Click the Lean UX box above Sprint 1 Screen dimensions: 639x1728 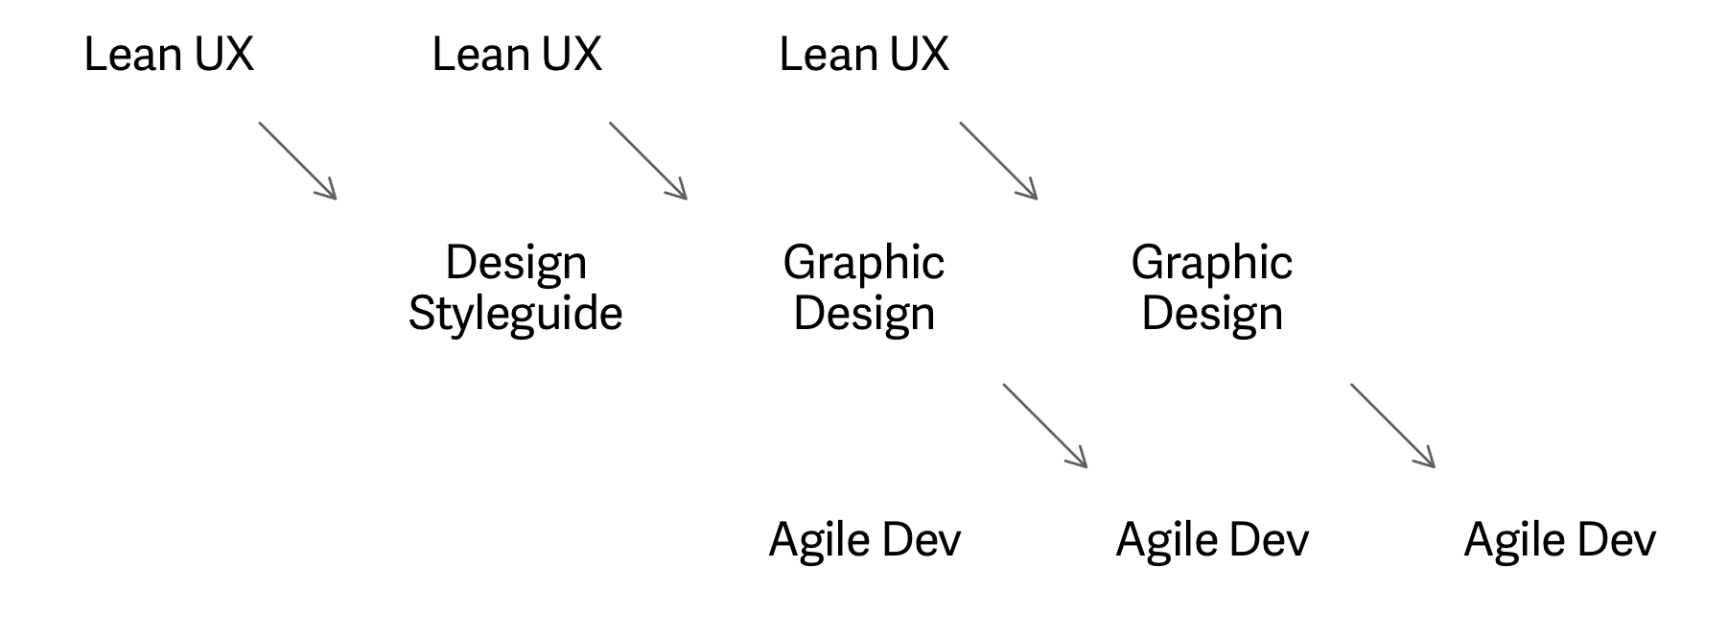[169, 54]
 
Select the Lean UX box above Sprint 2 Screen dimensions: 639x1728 [516, 54]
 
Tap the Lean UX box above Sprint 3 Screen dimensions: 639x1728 [864, 54]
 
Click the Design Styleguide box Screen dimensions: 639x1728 [516, 288]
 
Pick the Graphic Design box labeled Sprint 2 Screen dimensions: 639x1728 [864, 288]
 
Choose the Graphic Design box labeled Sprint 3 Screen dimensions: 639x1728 [1212, 288]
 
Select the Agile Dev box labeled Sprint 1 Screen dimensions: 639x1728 [864, 540]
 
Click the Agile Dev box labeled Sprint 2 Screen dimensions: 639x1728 [1212, 540]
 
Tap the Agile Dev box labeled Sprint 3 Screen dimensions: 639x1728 [1560, 540]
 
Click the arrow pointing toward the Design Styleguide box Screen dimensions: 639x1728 [297, 160]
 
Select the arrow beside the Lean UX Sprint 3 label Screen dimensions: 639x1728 [998, 160]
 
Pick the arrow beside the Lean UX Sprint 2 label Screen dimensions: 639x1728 [648, 160]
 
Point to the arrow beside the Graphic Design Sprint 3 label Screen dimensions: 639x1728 [1392, 426]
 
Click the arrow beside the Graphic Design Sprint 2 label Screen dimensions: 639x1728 [1044, 426]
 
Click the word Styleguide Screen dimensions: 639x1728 [516, 314]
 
